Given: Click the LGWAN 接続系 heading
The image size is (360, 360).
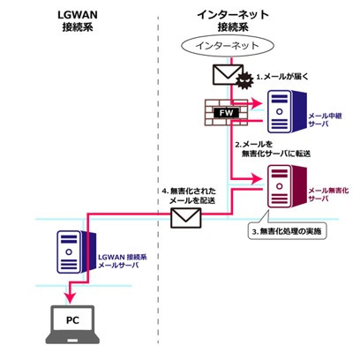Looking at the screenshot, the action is (x=78, y=21).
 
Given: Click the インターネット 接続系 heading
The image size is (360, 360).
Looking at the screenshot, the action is (x=233, y=21).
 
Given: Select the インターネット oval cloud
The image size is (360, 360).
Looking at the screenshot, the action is (x=228, y=46).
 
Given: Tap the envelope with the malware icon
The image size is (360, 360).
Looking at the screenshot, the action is (x=228, y=75).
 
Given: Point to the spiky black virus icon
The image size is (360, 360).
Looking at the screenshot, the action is (x=244, y=79).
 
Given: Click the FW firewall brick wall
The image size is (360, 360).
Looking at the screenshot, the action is (x=226, y=113).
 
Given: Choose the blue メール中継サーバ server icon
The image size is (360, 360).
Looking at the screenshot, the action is (x=287, y=111).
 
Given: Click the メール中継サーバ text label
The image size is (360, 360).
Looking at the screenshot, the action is (x=325, y=120).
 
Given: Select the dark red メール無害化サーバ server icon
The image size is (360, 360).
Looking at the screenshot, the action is (x=287, y=186).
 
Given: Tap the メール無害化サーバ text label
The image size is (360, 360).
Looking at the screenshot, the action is (x=328, y=195).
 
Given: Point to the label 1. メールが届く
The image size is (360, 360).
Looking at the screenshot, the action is (x=282, y=77).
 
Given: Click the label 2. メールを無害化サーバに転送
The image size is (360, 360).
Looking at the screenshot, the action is (x=273, y=149).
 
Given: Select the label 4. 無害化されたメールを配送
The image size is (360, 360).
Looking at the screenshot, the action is (x=189, y=196).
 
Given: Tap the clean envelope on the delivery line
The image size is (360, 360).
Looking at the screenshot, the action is (x=186, y=218).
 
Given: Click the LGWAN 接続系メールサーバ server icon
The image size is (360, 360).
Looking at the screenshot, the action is (x=76, y=252).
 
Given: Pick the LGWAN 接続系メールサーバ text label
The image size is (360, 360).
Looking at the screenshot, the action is (x=123, y=261).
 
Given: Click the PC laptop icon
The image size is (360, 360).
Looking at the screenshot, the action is (x=72, y=325).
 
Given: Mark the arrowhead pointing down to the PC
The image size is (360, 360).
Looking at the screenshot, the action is (x=70, y=297).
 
